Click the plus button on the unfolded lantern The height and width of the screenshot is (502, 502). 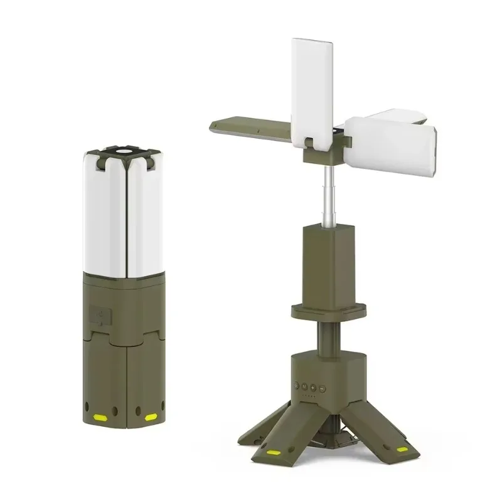(313, 388)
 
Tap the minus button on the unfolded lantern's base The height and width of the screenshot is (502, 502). (322, 388)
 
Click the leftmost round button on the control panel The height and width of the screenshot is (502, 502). (296, 385)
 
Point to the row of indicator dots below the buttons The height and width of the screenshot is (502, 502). (309, 396)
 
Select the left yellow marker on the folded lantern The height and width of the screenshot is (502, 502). (99, 415)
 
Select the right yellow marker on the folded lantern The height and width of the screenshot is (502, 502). (151, 416)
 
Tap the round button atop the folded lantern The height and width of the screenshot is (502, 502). (124, 151)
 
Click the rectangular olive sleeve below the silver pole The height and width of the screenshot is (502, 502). (328, 260)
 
